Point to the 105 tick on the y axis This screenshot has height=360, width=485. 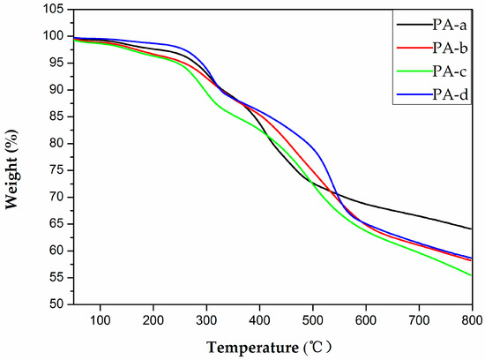28,10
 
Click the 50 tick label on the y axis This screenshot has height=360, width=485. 32,304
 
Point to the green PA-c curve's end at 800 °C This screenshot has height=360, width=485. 472,275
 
